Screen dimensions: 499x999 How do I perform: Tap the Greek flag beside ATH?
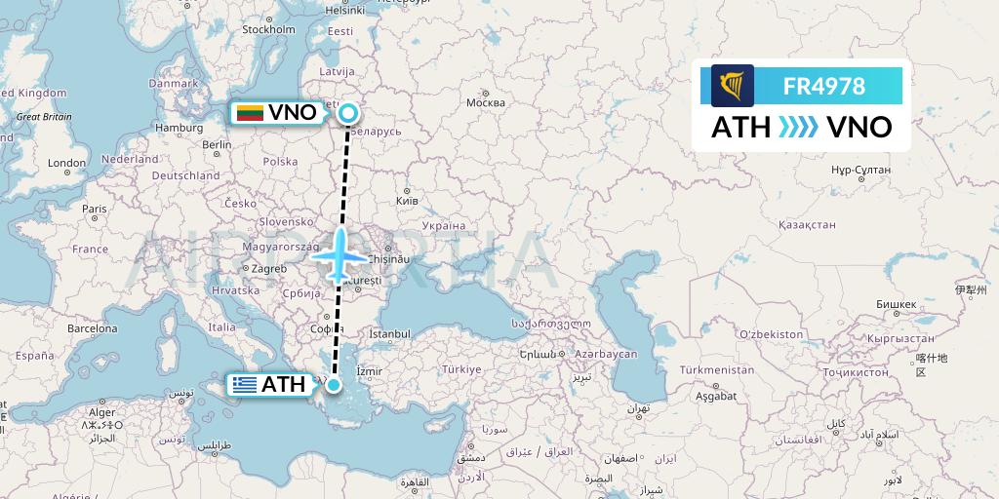point(245,385)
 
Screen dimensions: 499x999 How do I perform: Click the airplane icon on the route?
point(340,255)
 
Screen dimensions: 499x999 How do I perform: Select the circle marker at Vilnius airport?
point(348,115)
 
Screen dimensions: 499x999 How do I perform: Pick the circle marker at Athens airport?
point(335,385)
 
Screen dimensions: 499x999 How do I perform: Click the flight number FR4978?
point(823,86)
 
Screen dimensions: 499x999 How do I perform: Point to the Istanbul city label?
point(389,333)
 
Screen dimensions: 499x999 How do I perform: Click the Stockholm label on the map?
point(268,29)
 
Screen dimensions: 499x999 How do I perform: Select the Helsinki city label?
point(344,11)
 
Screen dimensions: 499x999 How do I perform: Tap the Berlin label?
point(217,144)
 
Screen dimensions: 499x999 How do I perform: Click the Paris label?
point(94,209)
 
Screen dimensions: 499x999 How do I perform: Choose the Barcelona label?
point(92,329)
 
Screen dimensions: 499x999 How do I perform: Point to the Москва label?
point(485,102)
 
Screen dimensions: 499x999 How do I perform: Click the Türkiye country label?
point(461,369)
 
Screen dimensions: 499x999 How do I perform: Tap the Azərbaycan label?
point(605,353)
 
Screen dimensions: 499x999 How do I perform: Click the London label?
point(67,163)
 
